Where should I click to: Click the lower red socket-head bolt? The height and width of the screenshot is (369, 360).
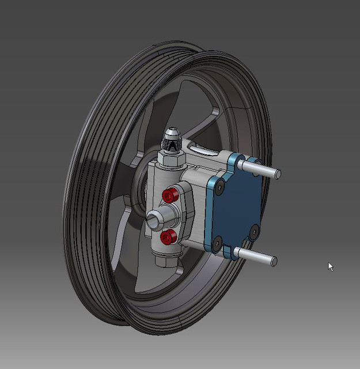click(x=169, y=236)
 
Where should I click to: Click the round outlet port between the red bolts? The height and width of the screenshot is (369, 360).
click(x=157, y=218)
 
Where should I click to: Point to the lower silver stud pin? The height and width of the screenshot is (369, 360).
click(x=256, y=256)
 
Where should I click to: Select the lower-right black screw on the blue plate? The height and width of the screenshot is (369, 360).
click(x=254, y=232)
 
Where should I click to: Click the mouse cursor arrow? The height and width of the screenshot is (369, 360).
click(x=331, y=266)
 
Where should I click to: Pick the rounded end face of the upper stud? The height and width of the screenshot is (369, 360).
click(x=277, y=174)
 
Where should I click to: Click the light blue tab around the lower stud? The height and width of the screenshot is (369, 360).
click(x=230, y=252)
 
